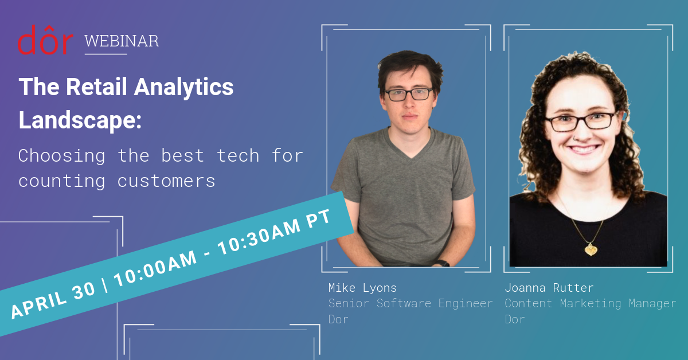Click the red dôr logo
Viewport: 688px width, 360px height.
(45, 40)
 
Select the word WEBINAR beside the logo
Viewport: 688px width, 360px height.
(122, 41)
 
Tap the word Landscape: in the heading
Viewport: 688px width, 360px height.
(80, 120)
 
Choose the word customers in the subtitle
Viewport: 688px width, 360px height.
(166, 181)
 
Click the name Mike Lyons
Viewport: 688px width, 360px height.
(362, 287)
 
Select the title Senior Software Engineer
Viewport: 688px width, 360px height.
(410, 303)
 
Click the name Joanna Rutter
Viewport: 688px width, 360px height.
(549, 287)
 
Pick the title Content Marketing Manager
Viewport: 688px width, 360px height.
(590, 303)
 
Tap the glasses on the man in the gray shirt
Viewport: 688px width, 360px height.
(408, 94)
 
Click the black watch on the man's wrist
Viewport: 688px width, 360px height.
(441, 263)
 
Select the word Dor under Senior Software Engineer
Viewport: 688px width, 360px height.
(338, 319)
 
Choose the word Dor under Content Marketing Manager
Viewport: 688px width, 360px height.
(515, 319)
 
